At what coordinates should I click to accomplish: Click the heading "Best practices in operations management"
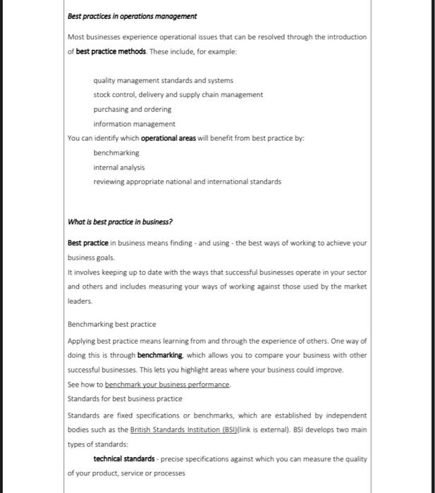132,16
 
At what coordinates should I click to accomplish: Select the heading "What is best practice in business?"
120,222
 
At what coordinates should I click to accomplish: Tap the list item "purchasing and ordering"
132,109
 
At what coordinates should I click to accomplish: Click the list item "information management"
134,124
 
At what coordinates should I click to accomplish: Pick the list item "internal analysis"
118,167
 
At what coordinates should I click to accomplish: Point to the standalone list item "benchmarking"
116,153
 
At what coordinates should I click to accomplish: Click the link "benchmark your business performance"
168,385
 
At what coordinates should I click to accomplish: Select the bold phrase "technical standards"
124,459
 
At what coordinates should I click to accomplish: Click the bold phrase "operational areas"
169,138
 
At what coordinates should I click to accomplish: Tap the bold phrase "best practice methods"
111,51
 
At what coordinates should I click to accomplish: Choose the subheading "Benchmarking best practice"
111,325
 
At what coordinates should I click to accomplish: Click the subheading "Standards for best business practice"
125,399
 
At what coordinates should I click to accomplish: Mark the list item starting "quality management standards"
163,80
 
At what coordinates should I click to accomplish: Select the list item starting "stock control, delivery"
178,94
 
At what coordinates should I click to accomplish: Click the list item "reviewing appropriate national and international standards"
187,182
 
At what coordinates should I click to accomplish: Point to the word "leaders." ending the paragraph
80,301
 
